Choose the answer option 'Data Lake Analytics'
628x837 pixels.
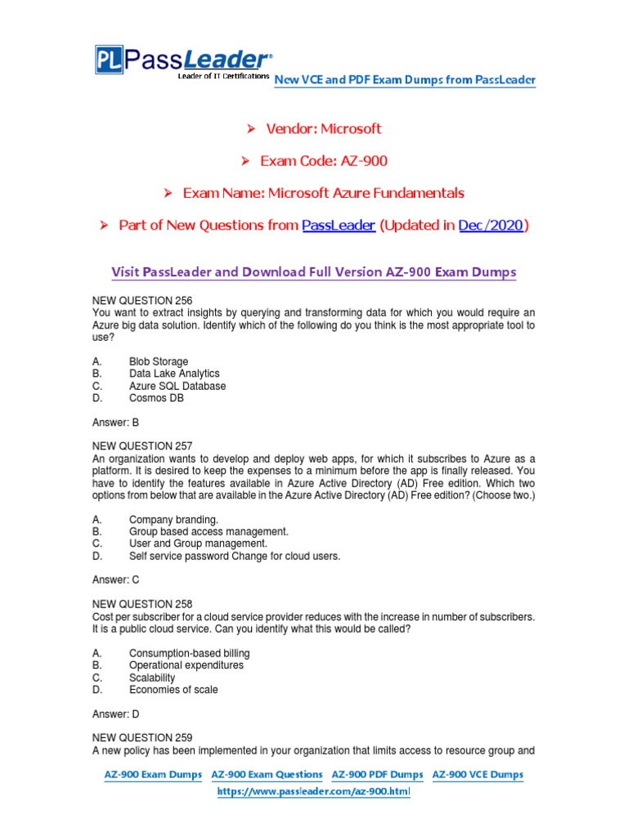(174, 374)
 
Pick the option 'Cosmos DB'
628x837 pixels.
(156, 398)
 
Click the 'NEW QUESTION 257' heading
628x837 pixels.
(142, 446)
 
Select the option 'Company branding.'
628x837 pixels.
(173, 519)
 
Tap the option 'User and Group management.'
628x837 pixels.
(198, 544)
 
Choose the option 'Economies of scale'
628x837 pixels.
(173, 689)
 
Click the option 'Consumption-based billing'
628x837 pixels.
(190, 653)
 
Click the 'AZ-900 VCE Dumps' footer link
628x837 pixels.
(478, 774)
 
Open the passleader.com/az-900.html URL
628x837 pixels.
(313, 793)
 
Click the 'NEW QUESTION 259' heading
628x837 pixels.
(142, 737)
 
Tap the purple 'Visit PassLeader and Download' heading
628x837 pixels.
(313, 272)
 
